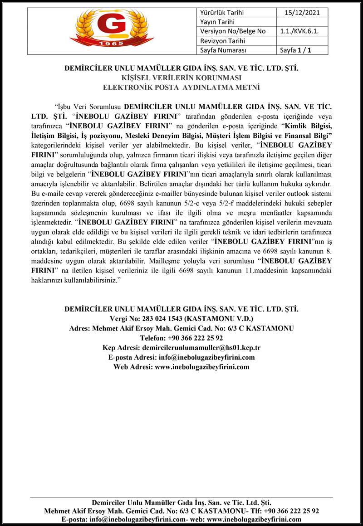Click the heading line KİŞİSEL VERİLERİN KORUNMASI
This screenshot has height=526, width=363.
tap(181, 78)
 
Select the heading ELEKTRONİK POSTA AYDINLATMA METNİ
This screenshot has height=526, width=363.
tap(181, 86)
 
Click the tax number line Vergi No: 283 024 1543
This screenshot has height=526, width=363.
tap(181, 319)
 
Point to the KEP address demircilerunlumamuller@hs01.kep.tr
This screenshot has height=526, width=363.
tap(201, 347)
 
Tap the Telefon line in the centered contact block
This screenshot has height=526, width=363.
tap(181, 338)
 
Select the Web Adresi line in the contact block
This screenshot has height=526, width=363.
tap(181, 366)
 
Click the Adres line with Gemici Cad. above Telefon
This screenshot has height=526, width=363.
tap(181, 328)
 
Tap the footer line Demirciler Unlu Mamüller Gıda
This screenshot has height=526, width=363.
tap(181, 502)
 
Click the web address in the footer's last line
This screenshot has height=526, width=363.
tap(254, 519)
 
